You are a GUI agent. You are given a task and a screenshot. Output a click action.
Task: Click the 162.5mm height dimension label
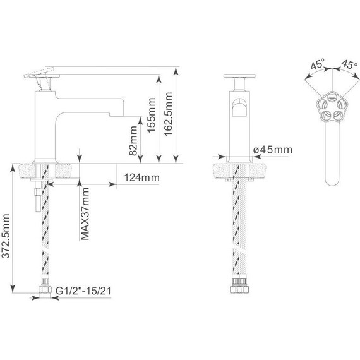(x=168, y=114)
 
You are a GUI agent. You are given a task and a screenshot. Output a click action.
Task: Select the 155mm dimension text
(x=152, y=115)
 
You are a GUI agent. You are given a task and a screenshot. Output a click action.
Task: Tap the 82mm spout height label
(x=133, y=141)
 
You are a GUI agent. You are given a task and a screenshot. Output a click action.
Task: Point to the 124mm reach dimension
(x=141, y=177)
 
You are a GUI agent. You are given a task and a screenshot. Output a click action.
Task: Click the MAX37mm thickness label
(x=85, y=213)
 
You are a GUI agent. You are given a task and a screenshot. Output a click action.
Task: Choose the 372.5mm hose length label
(x=6, y=236)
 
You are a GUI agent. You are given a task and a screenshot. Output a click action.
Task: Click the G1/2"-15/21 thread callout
(x=83, y=291)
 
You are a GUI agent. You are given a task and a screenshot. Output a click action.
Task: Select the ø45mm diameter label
(x=273, y=150)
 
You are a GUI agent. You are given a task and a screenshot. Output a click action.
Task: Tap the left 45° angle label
(x=318, y=64)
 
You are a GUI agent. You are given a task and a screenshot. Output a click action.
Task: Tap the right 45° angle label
(x=349, y=64)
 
